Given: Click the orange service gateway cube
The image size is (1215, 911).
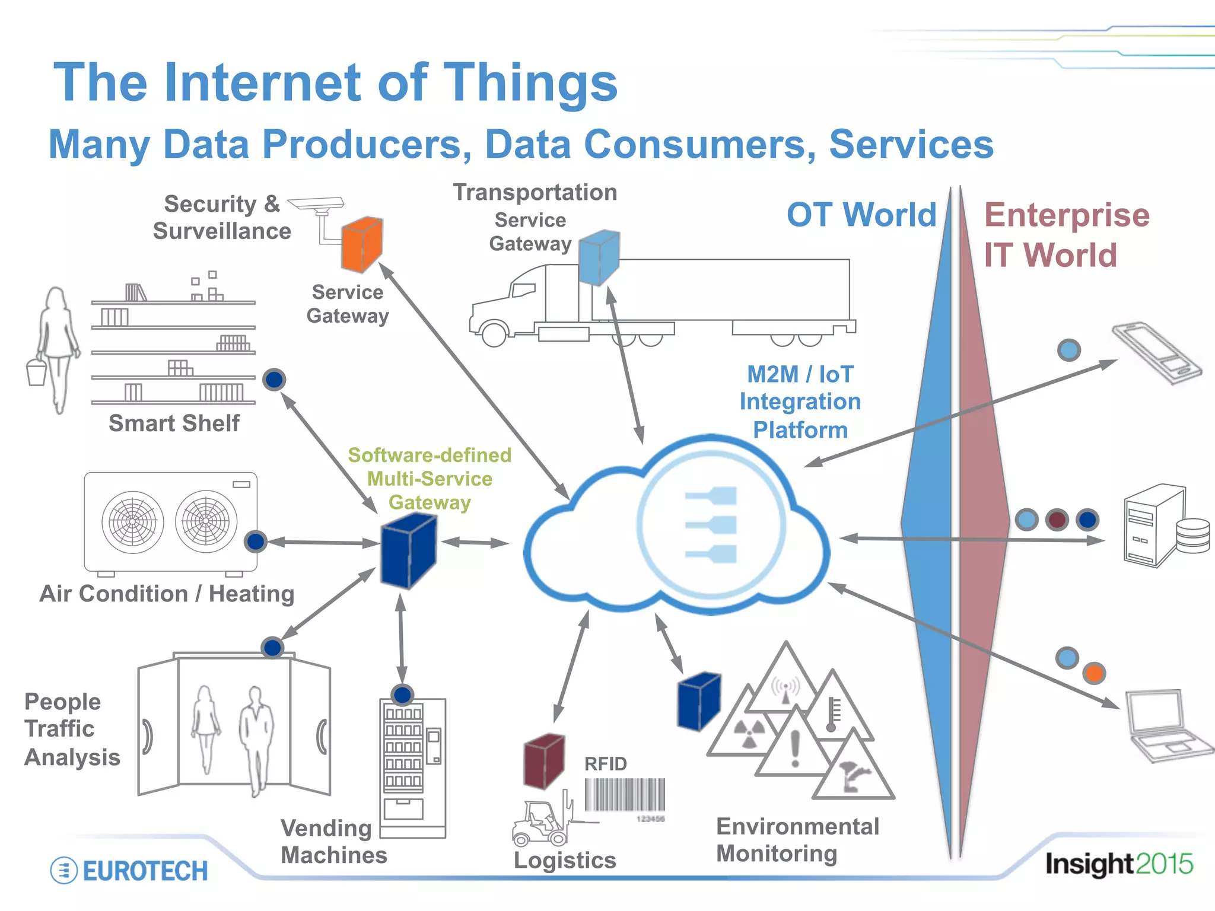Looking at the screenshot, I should click(x=361, y=244).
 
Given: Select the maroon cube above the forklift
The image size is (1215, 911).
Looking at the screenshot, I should click(x=543, y=761).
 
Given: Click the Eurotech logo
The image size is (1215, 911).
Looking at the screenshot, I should click(x=129, y=871).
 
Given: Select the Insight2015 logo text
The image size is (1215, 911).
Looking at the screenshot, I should click(x=1118, y=864).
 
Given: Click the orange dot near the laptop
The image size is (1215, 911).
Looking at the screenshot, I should click(x=1093, y=673).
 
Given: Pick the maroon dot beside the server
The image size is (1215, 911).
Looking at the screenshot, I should click(x=1057, y=520).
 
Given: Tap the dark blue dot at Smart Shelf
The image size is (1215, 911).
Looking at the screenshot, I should click(x=274, y=380).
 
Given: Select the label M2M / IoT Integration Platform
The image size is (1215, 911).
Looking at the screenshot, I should click(x=800, y=402).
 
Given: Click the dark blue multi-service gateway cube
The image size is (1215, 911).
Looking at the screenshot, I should click(x=408, y=550).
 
